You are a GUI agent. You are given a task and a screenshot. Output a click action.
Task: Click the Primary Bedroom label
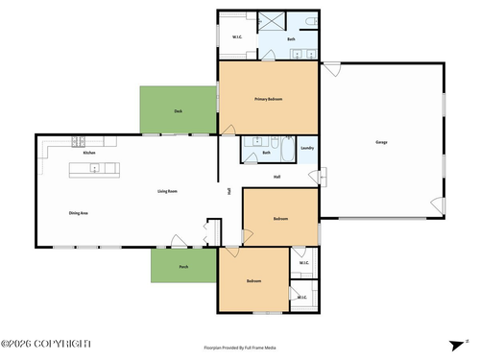tap(268, 99)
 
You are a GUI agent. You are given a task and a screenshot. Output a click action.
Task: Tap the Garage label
tap(381, 142)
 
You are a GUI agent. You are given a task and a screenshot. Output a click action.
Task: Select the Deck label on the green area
tap(178, 111)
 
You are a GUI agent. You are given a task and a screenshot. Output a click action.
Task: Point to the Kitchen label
tap(88, 153)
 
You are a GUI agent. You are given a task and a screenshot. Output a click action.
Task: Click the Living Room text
tap(167, 191)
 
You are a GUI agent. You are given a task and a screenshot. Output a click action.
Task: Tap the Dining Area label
tap(79, 212)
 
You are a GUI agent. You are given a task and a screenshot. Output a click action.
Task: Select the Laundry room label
tap(307, 148)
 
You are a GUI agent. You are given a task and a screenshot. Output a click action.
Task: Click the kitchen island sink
tap(94, 170)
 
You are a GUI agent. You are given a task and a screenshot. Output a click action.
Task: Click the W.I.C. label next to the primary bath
tap(236, 39)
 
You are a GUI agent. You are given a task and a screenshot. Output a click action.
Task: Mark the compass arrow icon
tap(467, 342)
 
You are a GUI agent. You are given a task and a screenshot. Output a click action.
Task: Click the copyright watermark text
tap(46, 344)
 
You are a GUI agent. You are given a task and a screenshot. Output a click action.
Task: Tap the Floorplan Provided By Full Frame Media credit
tap(240, 348)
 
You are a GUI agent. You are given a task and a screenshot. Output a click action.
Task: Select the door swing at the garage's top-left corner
tap(330, 69)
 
